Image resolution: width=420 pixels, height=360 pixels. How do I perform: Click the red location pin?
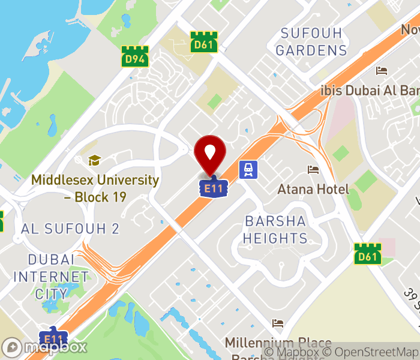click(x=210, y=154)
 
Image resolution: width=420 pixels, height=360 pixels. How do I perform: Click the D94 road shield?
click(x=134, y=56)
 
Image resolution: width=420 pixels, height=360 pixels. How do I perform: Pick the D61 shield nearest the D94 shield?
click(x=203, y=42)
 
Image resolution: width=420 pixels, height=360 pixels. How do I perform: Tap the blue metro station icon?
click(x=247, y=170)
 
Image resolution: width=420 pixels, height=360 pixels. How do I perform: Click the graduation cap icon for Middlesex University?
click(x=94, y=160)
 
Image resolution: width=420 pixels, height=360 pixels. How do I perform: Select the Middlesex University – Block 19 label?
click(x=95, y=188)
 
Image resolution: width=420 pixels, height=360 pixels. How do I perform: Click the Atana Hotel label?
click(x=313, y=190)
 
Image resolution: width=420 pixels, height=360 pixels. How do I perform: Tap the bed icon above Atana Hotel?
click(x=313, y=170)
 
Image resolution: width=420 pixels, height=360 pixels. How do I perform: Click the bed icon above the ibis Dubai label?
click(x=382, y=71)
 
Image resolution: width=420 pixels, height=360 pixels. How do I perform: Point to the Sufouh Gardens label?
click(x=311, y=41)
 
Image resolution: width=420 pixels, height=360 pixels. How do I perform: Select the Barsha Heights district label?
click(x=275, y=229)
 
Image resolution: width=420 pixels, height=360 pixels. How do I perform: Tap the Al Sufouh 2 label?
click(x=70, y=229)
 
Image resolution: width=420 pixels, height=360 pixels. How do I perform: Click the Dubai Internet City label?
click(x=51, y=277)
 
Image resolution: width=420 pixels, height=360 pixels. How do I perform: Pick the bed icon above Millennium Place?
click(x=277, y=323)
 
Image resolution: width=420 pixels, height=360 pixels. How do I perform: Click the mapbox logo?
click(x=45, y=347)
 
